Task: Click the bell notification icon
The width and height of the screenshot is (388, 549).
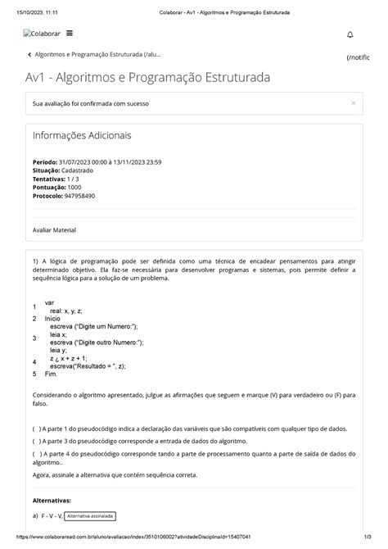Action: [x=350, y=34]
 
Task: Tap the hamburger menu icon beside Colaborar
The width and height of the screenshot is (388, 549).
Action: [x=69, y=34]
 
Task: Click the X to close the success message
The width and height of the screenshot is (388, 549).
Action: [x=353, y=103]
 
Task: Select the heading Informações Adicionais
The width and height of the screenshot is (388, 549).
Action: [x=81, y=135]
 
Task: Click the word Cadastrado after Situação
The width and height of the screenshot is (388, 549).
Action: [x=78, y=170]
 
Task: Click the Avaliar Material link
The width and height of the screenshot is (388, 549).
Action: [x=54, y=230]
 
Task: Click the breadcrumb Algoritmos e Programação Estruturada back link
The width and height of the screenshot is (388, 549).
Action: [x=95, y=55]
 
